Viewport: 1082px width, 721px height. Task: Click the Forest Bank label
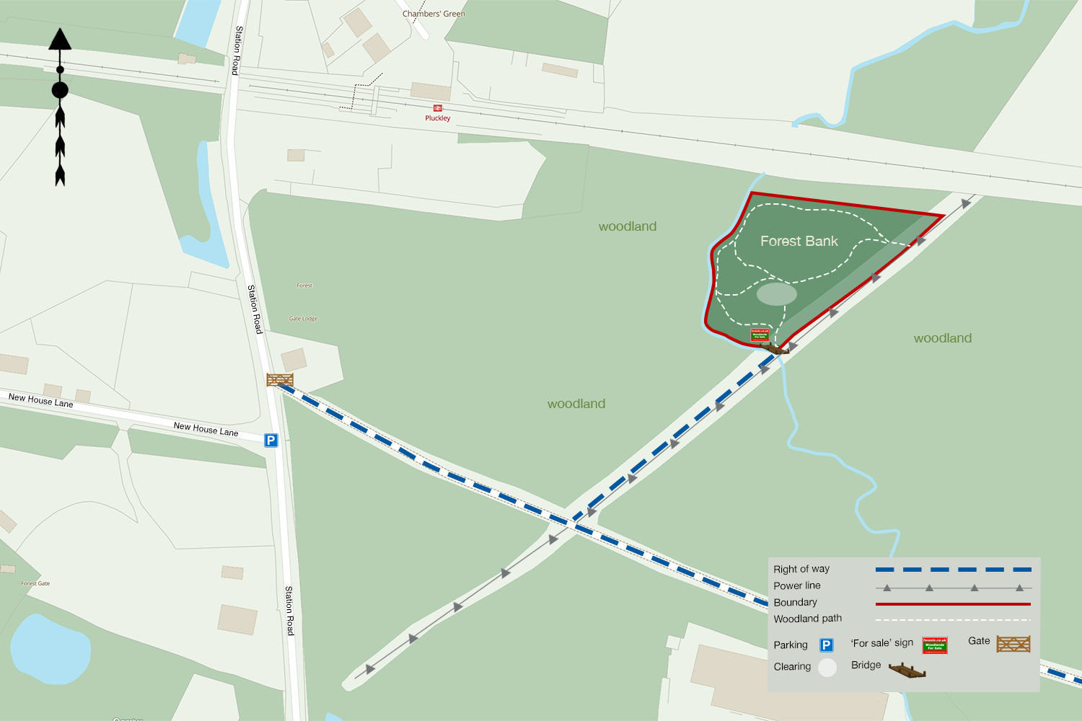(x=799, y=241)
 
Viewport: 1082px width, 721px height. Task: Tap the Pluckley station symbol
(x=438, y=108)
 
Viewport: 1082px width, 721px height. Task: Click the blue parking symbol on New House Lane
(x=270, y=440)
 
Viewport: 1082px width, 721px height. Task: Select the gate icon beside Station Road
(x=280, y=379)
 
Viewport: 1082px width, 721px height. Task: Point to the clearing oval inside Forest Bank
(x=777, y=293)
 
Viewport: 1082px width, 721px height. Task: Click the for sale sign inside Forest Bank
(x=760, y=335)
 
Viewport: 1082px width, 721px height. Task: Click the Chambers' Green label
(x=434, y=14)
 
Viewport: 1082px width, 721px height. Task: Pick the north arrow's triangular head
(x=60, y=39)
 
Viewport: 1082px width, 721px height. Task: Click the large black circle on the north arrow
(x=60, y=90)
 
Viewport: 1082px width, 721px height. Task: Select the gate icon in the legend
(x=1013, y=643)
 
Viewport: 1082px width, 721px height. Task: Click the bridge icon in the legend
(x=907, y=671)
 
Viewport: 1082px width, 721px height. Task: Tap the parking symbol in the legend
(x=827, y=645)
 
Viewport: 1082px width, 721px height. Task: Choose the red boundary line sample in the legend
(x=953, y=603)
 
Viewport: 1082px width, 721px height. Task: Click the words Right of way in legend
(x=801, y=569)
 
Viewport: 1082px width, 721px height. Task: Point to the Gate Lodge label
(x=303, y=319)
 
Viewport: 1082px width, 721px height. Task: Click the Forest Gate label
(x=35, y=583)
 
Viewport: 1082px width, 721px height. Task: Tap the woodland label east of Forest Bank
(x=942, y=338)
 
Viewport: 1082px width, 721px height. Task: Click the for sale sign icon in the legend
(x=935, y=645)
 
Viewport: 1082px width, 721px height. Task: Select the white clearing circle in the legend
(x=827, y=667)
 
